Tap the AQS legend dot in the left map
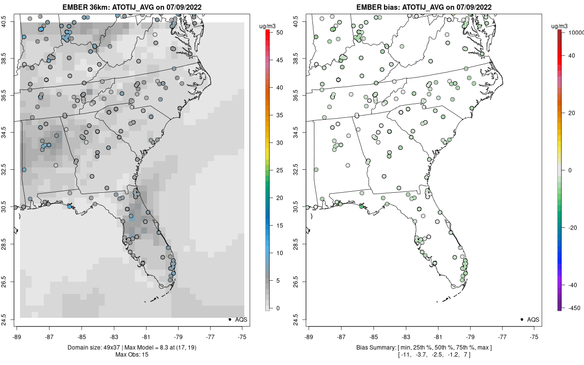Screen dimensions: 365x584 point(229,319)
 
